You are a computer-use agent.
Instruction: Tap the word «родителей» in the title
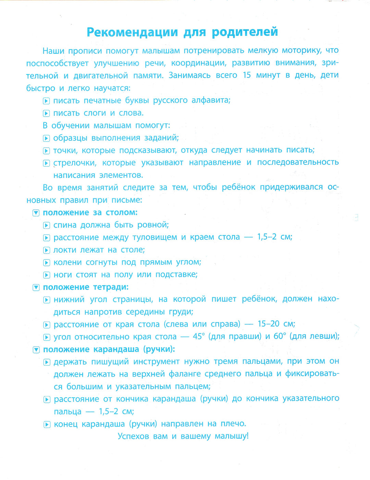coord(245,32)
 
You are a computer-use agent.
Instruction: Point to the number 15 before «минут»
coord(247,75)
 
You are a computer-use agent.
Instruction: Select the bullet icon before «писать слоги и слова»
coord(46,113)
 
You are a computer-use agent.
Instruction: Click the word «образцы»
coord(71,138)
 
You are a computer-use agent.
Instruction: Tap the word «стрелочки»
coord(75,163)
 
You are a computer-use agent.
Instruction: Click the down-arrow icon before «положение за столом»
coord(36,213)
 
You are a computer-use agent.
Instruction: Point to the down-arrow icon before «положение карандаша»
coord(36,350)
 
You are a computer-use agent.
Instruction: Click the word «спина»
coord(65,225)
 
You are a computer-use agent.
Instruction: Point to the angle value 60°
coord(280,336)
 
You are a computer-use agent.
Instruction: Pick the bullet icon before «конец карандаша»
coord(47,425)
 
